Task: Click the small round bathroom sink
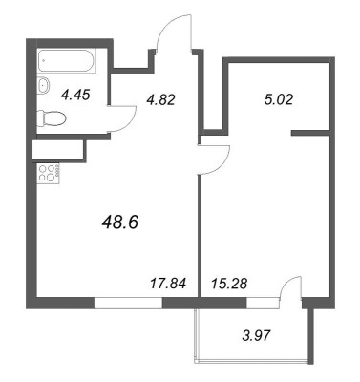[x=43, y=86]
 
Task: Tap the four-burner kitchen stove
[x=47, y=174]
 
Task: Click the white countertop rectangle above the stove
[x=57, y=149]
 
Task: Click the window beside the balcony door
[x=257, y=303]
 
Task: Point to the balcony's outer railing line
[x=256, y=363]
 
